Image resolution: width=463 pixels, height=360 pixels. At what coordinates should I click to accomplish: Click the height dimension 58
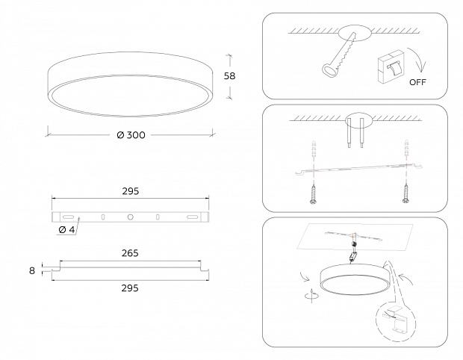coord(229,76)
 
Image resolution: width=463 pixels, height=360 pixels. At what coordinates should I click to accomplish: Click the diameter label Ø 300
coord(131,135)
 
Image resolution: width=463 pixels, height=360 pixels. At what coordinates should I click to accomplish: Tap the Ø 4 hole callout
coord(66,229)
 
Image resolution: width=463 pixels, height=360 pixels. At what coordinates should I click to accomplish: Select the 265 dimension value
coord(130,253)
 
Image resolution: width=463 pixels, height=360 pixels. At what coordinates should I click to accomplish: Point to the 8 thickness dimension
coord(32,270)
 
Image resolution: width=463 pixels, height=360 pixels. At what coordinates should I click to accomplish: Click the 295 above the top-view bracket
coord(131,191)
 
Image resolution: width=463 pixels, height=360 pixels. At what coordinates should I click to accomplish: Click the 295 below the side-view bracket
coord(130,288)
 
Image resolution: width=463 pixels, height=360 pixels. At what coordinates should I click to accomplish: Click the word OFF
coord(417,82)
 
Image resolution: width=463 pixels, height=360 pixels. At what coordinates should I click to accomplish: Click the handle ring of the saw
coord(329,71)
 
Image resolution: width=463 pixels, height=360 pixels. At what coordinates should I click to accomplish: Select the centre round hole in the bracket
coord(130,217)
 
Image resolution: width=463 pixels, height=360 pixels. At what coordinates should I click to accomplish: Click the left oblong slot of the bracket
coord(68,217)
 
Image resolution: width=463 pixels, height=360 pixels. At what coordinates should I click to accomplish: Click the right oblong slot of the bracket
coord(192,217)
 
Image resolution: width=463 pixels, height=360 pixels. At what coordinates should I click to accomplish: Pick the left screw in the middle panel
coord(313,193)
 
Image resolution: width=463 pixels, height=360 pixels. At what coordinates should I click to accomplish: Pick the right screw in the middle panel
coord(406,193)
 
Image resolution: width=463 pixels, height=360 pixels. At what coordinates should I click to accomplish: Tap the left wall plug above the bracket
coord(314,148)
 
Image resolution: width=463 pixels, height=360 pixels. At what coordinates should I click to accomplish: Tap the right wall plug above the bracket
coord(406,148)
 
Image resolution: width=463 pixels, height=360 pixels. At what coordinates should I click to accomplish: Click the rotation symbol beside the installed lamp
coord(312,295)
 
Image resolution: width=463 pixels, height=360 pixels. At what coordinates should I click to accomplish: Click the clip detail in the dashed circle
coord(395,319)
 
